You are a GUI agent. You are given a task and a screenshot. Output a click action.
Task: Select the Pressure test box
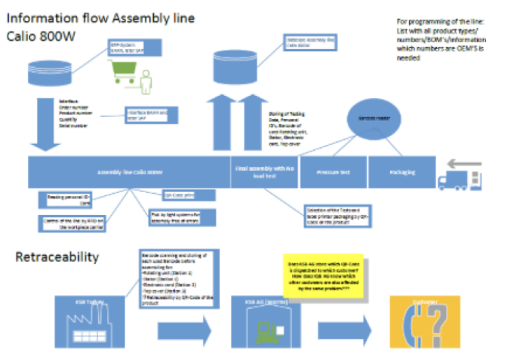pos(334,172)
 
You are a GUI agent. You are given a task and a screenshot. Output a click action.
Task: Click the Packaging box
pos(402,172)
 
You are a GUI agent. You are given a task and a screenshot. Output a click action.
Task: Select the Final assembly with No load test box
pos(263,172)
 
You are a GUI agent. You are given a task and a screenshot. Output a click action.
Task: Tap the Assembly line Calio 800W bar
pos(129,172)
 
